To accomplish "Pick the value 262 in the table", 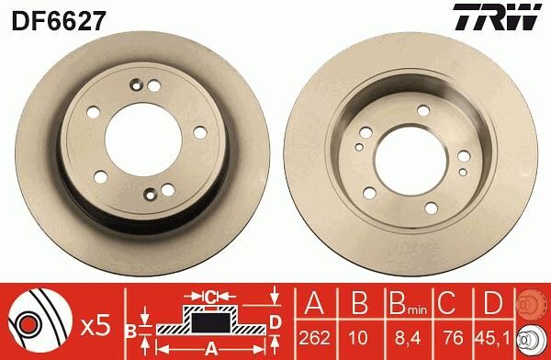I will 316,339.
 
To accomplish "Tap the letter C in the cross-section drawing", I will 211,297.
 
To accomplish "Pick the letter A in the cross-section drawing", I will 211,348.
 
